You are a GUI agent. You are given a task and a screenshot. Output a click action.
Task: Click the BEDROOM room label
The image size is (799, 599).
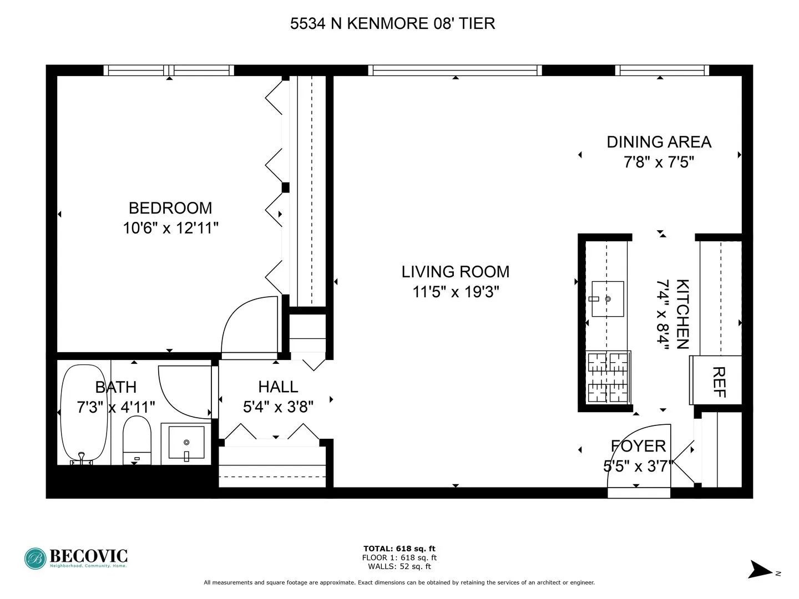(170, 208)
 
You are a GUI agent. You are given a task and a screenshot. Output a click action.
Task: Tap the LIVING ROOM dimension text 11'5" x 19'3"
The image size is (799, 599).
(456, 292)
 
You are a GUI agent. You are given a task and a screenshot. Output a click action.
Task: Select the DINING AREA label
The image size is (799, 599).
(659, 142)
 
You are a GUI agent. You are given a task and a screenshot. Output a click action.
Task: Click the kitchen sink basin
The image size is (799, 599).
(608, 299)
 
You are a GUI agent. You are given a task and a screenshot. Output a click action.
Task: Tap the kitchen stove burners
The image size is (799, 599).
(608, 377)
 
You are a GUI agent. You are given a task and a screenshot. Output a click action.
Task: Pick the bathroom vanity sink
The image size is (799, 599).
(186, 443)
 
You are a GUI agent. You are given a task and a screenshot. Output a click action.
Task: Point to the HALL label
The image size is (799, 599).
(278, 387)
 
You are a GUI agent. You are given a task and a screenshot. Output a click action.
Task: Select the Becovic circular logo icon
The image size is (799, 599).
(36, 559)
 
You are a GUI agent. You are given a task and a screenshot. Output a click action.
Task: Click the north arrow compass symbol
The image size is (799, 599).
(758, 570)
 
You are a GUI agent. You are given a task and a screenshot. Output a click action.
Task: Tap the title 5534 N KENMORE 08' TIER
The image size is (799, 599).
(392, 23)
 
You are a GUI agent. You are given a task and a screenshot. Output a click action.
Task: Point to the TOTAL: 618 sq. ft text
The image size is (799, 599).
(399, 549)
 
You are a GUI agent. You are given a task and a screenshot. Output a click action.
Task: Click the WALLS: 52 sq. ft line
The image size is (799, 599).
(399, 566)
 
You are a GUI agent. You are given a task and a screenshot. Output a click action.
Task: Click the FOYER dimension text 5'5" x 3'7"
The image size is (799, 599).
(638, 466)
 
